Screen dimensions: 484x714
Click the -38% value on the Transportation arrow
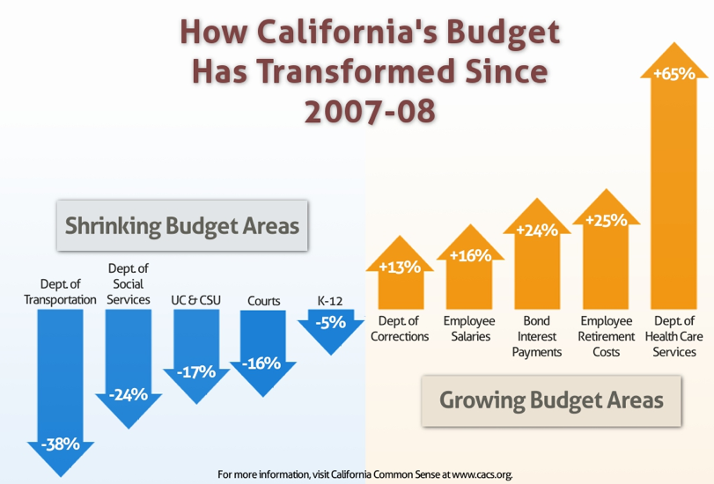60,444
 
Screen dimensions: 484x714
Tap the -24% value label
128,394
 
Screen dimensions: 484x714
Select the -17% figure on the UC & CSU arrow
195,371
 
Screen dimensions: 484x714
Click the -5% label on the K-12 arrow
331,322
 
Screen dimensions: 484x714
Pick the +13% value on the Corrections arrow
399,267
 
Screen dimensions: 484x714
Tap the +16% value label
470,256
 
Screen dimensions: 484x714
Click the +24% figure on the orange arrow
537,231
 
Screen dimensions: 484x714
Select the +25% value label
607,218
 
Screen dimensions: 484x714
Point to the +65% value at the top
674,74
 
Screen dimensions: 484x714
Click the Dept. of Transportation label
61,291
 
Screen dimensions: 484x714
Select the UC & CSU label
196,300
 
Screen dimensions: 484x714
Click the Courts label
264,301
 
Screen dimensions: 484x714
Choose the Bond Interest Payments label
536,336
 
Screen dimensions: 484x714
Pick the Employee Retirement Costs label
607,336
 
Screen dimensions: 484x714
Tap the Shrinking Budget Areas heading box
182,225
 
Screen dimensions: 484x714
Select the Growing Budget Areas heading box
551,400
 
